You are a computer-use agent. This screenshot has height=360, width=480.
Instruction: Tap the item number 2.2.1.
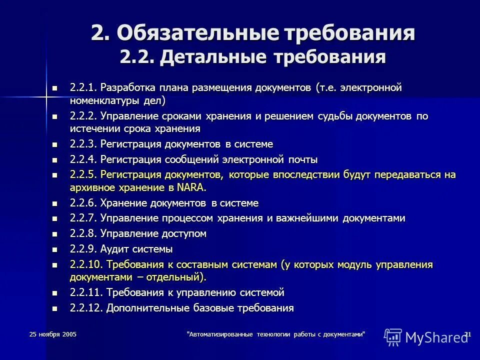(83, 88)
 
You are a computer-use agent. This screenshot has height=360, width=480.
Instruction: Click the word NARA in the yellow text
(191, 188)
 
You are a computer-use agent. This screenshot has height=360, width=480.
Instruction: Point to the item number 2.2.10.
(86, 264)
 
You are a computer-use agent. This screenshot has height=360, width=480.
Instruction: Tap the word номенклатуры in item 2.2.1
(100, 100)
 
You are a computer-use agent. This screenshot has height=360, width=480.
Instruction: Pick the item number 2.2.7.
(83, 218)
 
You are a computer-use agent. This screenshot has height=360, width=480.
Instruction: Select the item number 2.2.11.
(86, 292)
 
